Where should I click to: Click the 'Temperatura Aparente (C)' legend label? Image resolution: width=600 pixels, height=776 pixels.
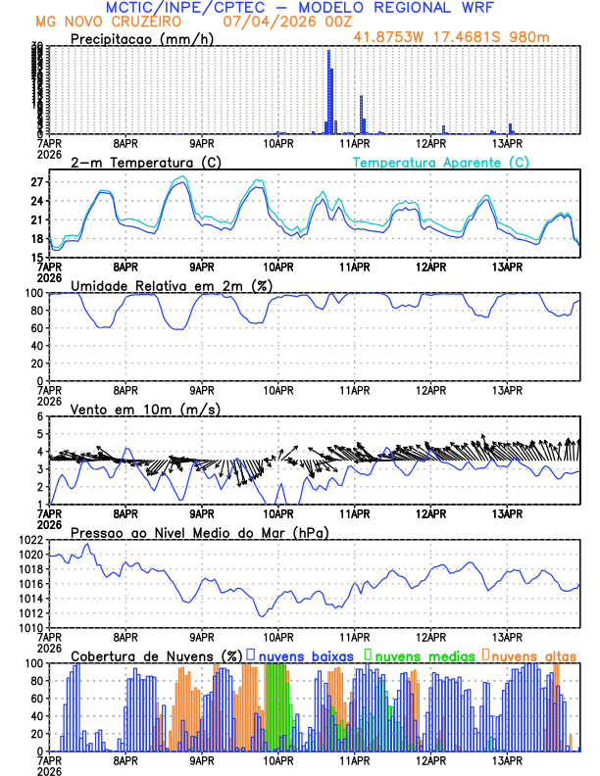(x=441, y=162)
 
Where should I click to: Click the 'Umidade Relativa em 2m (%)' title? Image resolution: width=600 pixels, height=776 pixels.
(x=171, y=285)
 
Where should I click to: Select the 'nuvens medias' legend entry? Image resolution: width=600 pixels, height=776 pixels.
(x=420, y=655)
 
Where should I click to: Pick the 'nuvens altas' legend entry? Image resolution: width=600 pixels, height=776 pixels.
(x=532, y=655)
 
